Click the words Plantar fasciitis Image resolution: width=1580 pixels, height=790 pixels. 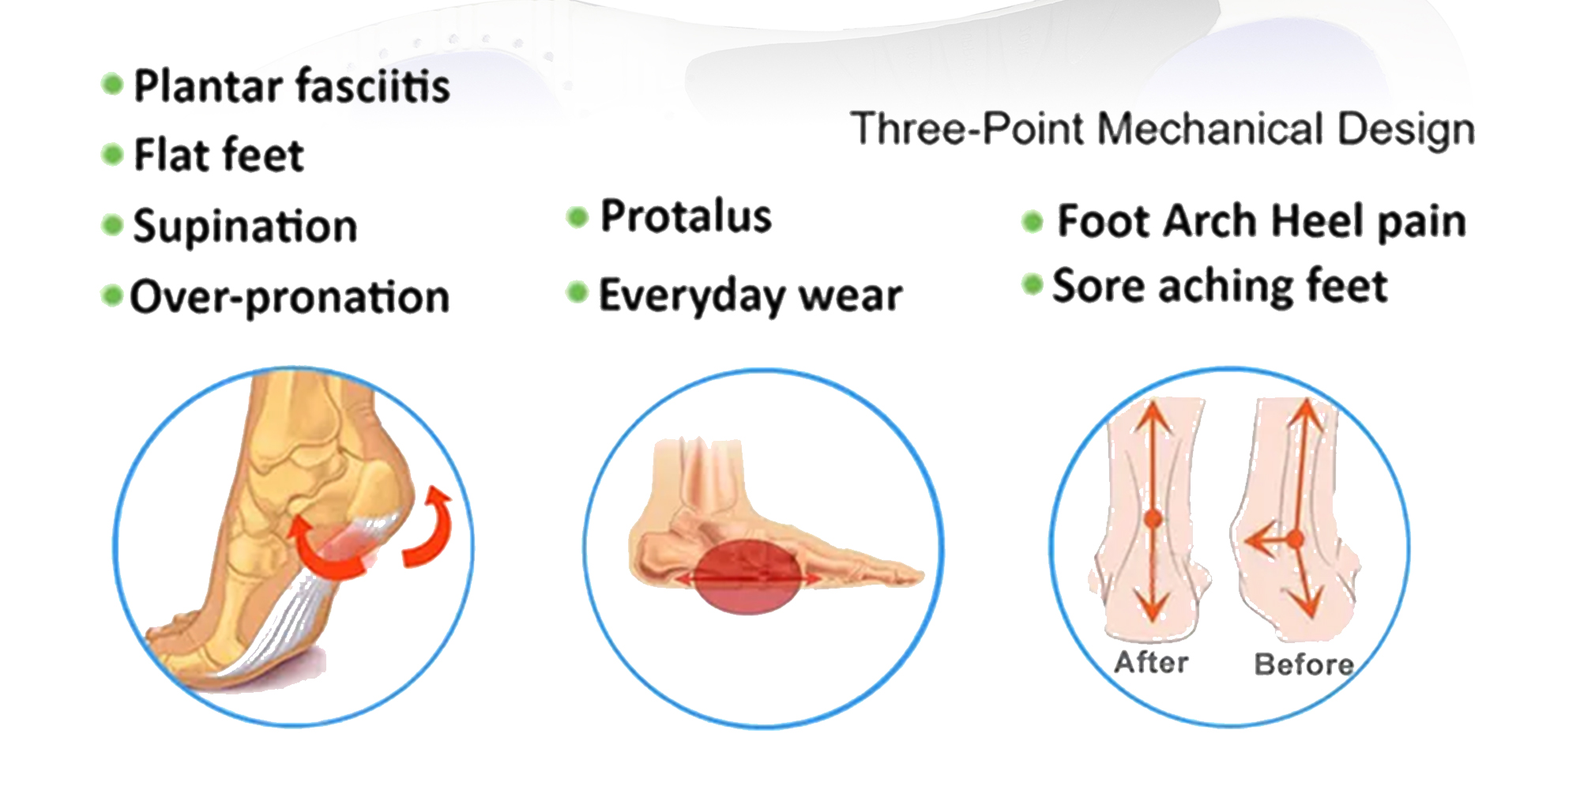[x=292, y=86]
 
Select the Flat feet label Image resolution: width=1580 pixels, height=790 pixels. [x=219, y=154]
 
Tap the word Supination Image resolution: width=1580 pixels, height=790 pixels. [x=245, y=227]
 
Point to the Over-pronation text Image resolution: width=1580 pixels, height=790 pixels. [x=289, y=298]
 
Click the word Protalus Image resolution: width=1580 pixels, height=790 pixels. [x=686, y=216]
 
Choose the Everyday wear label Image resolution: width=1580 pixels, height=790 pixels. [x=750, y=295]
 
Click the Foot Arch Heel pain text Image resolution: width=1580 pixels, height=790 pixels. [x=1262, y=221]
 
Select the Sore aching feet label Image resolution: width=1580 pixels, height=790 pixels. [x=1220, y=286]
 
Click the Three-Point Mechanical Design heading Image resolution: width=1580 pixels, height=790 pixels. [x=1163, y=129]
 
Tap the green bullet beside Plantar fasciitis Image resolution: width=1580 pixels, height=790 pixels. [x=113, y=85]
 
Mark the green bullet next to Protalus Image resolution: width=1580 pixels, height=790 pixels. [x=578, y=216]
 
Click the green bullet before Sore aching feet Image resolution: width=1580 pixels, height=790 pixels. [x=1033, y=284]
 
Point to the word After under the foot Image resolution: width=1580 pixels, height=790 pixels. [x=1151, y=662]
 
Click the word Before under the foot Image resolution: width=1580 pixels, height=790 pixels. [x=1304, y=664]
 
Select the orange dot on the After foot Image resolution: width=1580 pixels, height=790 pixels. [x=1153, y=519]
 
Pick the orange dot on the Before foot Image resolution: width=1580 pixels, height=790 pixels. [x=1295, y=540]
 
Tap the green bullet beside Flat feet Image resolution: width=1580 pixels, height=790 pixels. [x=113, y=154]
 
